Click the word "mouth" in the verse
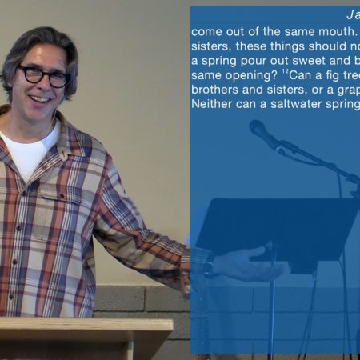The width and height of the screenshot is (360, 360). pos(336,32)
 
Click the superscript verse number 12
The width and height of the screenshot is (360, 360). pos(286,72)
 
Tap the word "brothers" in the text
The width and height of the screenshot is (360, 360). pos(214,90)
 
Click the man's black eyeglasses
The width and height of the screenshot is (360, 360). pos(43,77)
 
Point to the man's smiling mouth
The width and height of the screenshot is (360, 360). pos(41,99)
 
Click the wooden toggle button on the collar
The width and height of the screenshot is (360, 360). pos(63,155)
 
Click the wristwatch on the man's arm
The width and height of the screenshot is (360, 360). pos(208,265)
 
